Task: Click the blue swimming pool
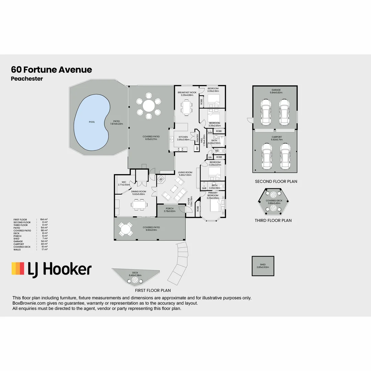[x=91, y=122]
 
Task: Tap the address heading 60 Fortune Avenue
[x=52, y=70]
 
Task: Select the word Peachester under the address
[x=27, y=79]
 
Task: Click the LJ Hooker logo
[x=52, y=269]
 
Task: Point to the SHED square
[x=263, y=266]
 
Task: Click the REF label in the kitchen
[x=197, y=148]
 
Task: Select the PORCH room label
[x=169, y=209]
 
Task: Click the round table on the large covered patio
[x=149, y=105]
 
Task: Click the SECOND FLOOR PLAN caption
[x=276, y=181]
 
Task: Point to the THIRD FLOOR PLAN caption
[x=273, y=221]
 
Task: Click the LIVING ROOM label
[x=185, y=172]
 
